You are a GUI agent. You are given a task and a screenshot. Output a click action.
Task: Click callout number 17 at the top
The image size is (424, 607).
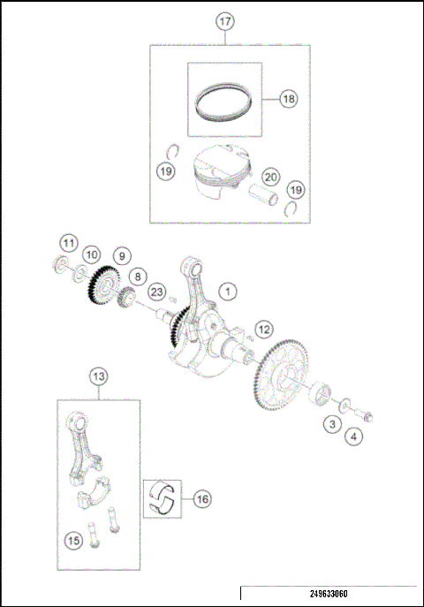pyautogui.click(x=225, y=19)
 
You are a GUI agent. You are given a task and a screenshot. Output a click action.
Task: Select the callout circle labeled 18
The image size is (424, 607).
pyautogui.click(x=288, y=99)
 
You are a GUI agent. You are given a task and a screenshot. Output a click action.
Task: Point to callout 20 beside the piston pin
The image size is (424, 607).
pyautogui.click(x=271, y=178)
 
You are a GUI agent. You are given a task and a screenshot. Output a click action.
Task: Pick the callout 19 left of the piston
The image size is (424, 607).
pyautogui.click(x=166, y=171)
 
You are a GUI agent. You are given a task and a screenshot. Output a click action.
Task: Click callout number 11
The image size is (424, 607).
pyautogui.click(x=69, y=241)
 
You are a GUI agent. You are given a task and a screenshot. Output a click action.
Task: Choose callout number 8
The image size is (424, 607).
pyautogui.click(x=136, y=277)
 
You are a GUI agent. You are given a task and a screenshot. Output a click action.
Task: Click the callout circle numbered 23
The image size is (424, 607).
pyautogui.click(x=156, y=292)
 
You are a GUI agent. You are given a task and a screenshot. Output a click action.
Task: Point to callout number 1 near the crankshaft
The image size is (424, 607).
pyautogui.click(x=228, y=290)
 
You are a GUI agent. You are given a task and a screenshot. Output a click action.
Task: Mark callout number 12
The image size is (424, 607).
pyautogui.click(x=262, y=329)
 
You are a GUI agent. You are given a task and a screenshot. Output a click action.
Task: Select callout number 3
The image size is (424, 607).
pyautogui.click(x=331, y=425)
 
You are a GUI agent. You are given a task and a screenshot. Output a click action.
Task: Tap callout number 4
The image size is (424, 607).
pyautogui.click(x=354, y=436)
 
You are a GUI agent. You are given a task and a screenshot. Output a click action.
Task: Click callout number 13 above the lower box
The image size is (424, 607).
pyautogui.click(x=99, y=376)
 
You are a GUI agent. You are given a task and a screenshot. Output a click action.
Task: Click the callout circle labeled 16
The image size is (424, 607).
pyautogui.click(x=202, y=499)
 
